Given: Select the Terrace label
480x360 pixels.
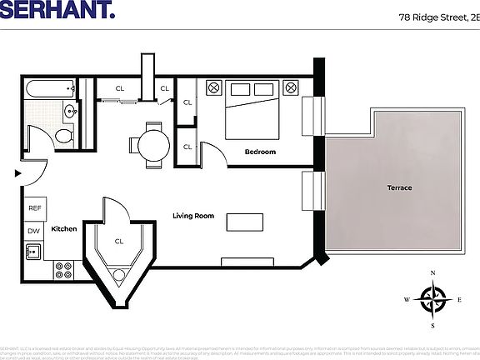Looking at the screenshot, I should coord(399,187).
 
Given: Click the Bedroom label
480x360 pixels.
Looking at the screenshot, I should coord(260,152).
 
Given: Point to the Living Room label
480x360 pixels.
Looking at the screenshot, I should coord(193,216).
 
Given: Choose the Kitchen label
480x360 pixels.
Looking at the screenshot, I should coord(64,228).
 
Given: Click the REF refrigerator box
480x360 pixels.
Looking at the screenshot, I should coord(35,208).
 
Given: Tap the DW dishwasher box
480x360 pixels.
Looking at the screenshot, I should coord(34,231).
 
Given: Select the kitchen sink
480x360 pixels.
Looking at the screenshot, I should coord(34,251).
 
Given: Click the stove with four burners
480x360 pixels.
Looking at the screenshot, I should coord(62,269).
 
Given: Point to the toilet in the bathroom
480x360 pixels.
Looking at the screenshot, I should coord(62,137).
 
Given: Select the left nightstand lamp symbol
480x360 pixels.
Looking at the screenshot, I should coord(213,87).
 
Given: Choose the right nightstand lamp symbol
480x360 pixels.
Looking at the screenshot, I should coord(291,87).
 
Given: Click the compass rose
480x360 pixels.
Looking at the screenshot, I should coord(432,299).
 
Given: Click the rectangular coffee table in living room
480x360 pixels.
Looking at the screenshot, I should coord(244,222).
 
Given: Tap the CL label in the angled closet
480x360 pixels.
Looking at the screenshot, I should coord(120,242).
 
